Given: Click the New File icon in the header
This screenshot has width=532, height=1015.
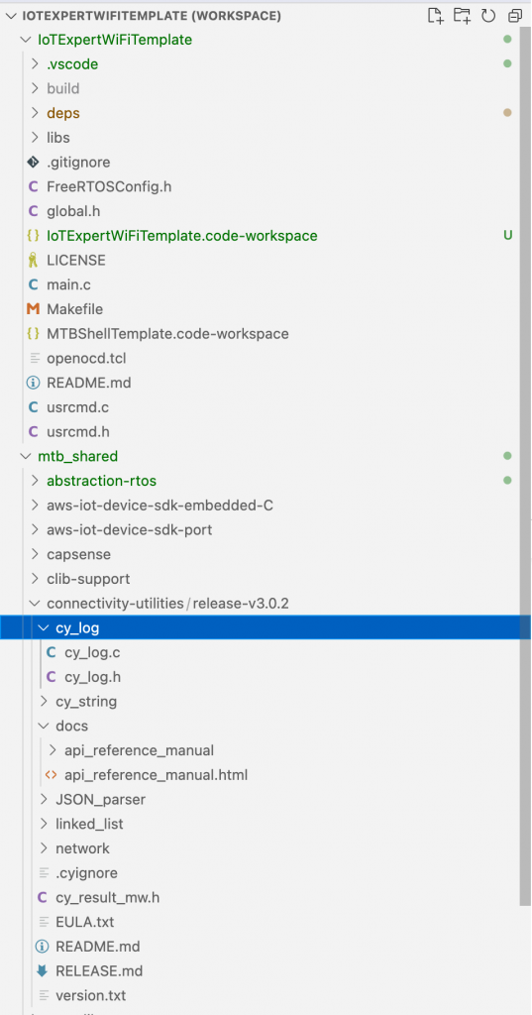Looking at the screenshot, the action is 436,16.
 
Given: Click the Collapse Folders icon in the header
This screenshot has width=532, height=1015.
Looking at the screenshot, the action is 515,16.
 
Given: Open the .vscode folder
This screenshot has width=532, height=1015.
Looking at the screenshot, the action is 72,64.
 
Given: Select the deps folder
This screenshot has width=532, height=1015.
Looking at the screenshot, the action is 63,113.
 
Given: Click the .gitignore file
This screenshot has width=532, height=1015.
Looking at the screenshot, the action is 78,162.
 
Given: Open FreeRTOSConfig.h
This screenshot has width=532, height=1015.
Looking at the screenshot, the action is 109,186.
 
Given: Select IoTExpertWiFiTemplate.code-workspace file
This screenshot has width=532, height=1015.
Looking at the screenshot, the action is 182,236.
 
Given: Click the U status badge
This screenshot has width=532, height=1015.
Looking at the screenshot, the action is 508,235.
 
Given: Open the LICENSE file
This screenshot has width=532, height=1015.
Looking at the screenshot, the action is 75,261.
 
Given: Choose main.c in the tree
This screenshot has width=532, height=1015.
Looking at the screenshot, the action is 68,284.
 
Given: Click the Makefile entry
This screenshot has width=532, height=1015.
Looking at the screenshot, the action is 74,309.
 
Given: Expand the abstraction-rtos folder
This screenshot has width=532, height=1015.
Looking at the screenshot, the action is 102,481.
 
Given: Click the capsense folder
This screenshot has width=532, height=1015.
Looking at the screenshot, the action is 79,555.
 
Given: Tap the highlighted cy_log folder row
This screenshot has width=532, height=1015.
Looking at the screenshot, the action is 266,627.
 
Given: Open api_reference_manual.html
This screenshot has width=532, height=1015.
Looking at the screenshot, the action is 156,775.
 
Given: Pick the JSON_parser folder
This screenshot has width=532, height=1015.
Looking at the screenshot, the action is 100,800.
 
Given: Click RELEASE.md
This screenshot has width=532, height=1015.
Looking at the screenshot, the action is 99,971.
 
